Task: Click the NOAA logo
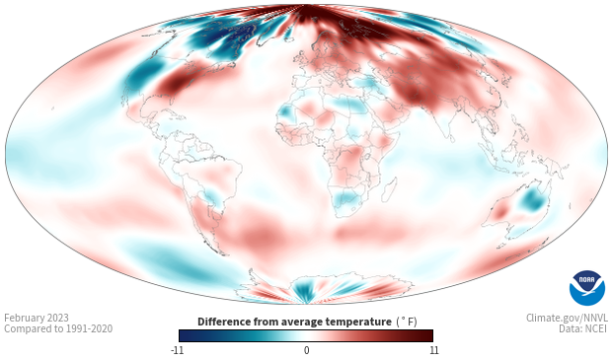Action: [x=587, y=288]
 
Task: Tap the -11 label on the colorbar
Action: [x=177, y=350]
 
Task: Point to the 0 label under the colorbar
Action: [x=306, y=350]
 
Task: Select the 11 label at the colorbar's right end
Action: [x=433, y=350]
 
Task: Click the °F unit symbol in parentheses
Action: [x=407, y=323]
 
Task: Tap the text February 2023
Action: [x=37, y=318]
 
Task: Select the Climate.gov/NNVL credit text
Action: [x=567, y=318]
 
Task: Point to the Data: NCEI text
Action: [x=583, y=328]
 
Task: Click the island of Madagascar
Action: [x=389, y=189]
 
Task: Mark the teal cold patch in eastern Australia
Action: [x=532, y=199]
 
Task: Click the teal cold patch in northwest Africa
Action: [x=287, y=111]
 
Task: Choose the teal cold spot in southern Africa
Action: [x=346, y=197]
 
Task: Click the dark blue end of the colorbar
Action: [x=187, y=335]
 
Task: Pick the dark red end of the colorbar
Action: [x=425, y=335]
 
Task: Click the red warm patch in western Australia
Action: [x=500, y=213]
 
